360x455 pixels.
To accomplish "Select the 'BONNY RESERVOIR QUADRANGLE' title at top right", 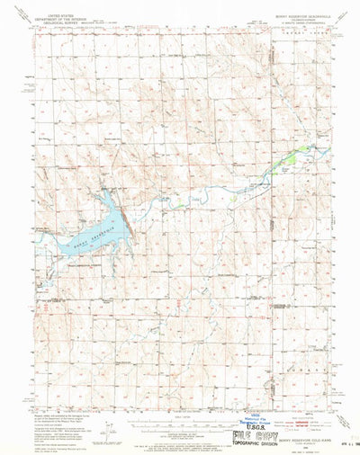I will (x=297, y=10).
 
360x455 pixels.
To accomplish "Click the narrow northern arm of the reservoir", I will (x=106, y=200).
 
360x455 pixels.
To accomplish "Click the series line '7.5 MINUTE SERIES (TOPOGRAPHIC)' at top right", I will (x=297, y=18).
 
